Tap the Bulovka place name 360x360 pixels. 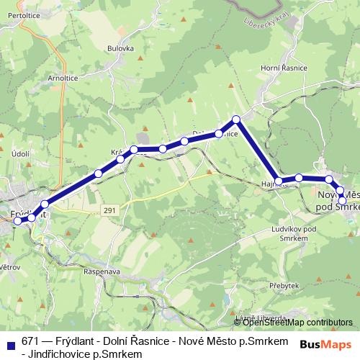(x=120, y=48)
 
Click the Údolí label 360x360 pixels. (x=20, y=153)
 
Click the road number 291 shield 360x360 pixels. (x=108, y=210)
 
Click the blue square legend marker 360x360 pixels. (x=9, y=343)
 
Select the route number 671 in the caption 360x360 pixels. (x=30, y=341)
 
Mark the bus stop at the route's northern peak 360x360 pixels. (x=235, y=120)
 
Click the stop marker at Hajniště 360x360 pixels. (x=279, y=180)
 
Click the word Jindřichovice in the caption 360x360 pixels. (x=58, y=354)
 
